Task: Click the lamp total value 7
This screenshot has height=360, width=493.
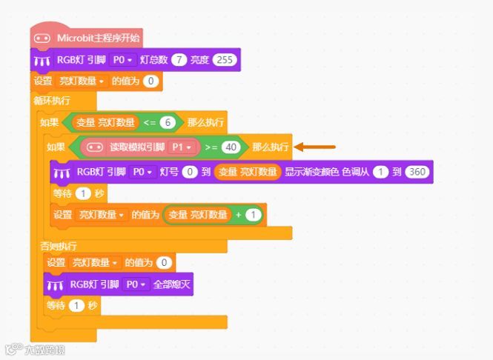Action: [178, 59]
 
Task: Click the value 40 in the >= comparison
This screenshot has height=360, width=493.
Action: [231, 147]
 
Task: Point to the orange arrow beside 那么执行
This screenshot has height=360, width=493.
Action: [312, 147]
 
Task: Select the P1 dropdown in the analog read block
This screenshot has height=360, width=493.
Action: [182, 147]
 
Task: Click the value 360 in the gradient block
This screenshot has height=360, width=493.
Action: [418, 173]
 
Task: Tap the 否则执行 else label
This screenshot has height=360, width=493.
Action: [59, 244]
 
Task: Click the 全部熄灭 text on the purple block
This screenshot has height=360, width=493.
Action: [173, 284]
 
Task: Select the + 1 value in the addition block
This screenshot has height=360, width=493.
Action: [254, 215]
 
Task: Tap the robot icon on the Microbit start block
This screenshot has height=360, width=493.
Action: [42, 38]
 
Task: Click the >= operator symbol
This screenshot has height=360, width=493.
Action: [211, 147]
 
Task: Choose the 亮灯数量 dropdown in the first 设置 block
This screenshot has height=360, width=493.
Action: [82, 81]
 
